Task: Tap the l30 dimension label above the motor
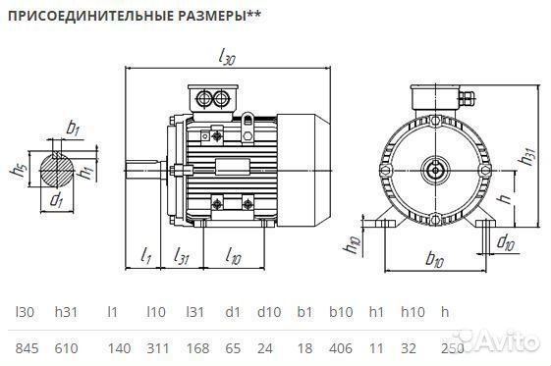tap(229, 59)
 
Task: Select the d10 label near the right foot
tap(504, 241)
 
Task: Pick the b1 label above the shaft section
tap(73, 128)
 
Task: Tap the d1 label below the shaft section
tap(56, 202)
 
